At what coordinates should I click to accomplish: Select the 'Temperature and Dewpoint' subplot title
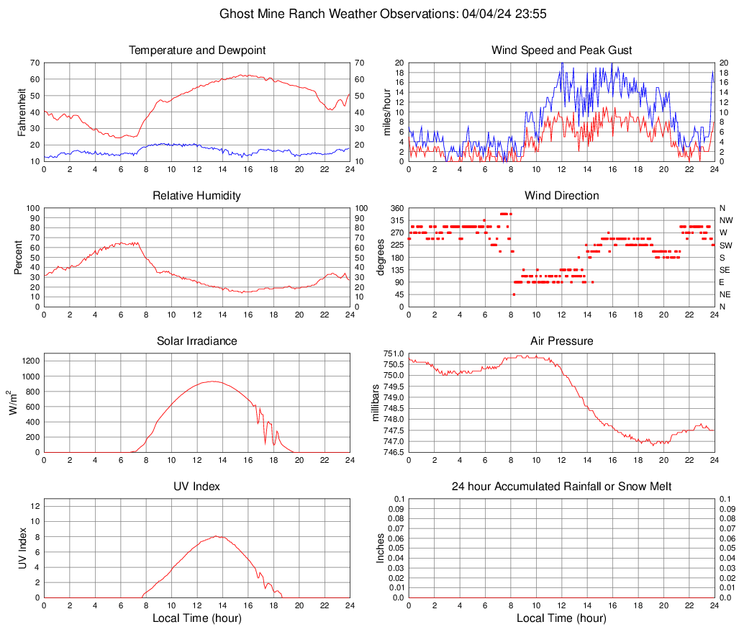tap(197, 50)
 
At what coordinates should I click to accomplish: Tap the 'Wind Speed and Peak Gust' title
tap(561, 50)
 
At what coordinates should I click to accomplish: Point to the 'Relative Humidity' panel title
tap(197, 196)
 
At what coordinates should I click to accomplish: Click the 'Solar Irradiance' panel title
tap(197, 341)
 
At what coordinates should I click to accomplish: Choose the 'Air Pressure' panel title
tap(561, 341)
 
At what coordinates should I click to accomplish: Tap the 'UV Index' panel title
tap(197, 487)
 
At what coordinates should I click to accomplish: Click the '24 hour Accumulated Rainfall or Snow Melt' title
tap(561, 487)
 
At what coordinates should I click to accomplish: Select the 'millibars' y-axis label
tap(376, 402)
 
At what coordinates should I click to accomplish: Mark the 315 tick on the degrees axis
tap(397, 220)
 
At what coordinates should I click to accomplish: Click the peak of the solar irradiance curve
tap(212, 382)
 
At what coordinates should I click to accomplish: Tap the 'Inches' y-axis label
tap(382, 548)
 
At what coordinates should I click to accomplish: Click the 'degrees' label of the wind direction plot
tap(382, 257)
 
